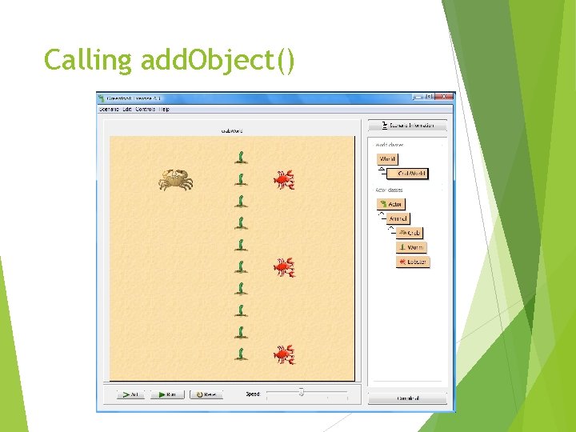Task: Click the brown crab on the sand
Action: (x=175, y=179)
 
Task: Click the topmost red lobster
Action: (x=283, y=180)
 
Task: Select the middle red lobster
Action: (x=283, y=267)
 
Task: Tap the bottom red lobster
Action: (x=283, y=354)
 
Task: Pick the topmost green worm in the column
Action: (x=240, y=157)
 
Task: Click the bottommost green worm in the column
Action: (x=240, y=353)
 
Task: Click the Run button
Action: (x=167, y=394)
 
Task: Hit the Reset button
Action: (x=206, y=394)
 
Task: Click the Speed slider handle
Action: (x=301, y=392)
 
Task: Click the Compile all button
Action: (x=408, y=398)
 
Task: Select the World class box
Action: (x=387, y=159)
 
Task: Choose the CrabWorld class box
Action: (x=411, y=174)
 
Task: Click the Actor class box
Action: (x=391, y=204)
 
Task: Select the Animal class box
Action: (x=397, y=218)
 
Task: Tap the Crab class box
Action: (x=409, y=233)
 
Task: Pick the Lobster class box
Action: (x=413, y=262)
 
